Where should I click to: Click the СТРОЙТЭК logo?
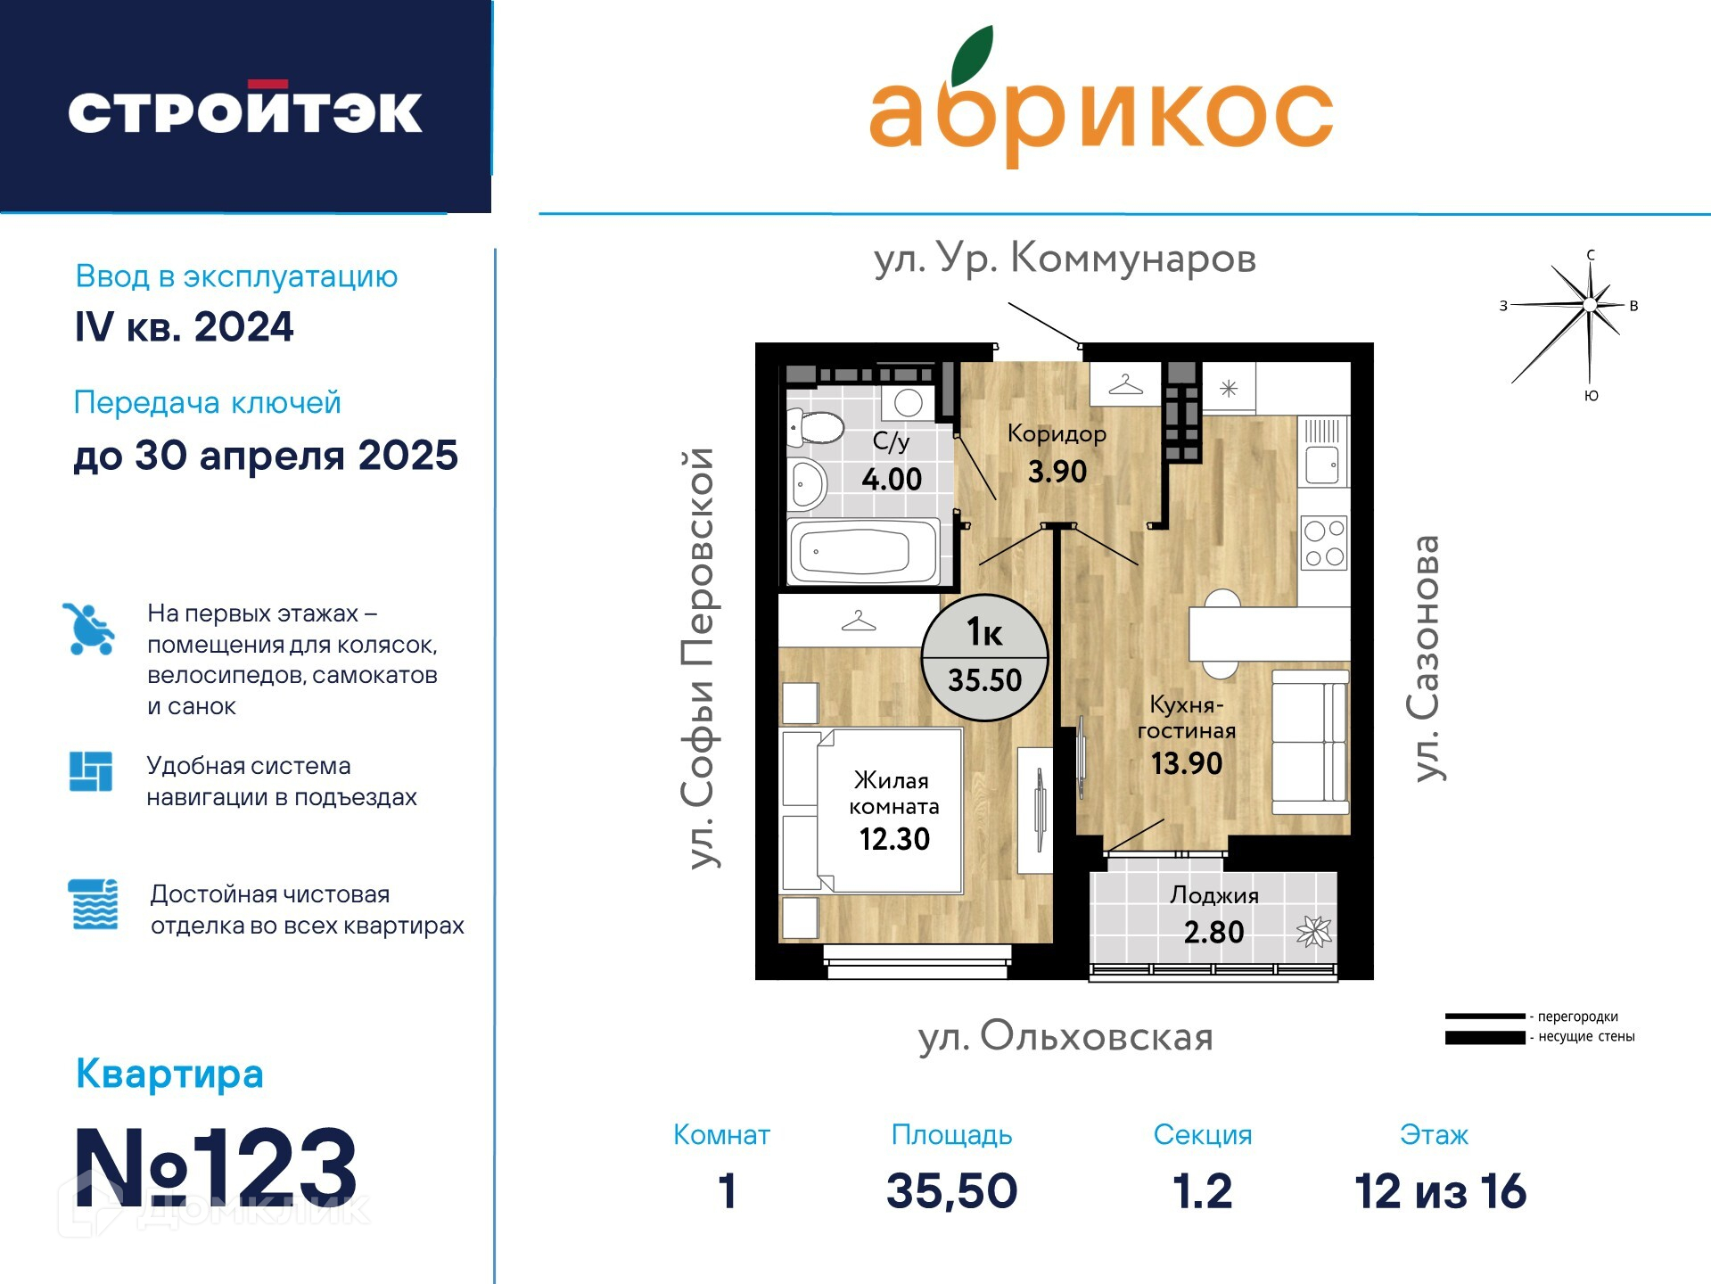[245, 111]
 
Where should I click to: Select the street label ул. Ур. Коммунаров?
[1065, 259]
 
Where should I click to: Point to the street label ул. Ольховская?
[1065, 1037]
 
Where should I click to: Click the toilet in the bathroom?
[815, 427]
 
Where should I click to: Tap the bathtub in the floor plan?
[863, 552]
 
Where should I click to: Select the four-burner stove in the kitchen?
[1324, 544]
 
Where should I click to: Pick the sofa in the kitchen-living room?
[1310, 742]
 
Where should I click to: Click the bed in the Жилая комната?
[872, 811]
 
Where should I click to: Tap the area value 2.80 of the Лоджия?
[1213, 932]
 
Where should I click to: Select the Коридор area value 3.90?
[1057, 471]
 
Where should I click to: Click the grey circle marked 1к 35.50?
[984, 657]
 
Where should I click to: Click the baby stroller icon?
[88, 629]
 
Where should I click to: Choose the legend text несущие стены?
[1586, 1037]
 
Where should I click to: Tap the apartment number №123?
[216, 1166]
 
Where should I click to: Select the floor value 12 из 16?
[1440, 1191]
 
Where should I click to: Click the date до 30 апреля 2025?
[266, 456]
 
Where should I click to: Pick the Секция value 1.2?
[1202, 1191]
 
